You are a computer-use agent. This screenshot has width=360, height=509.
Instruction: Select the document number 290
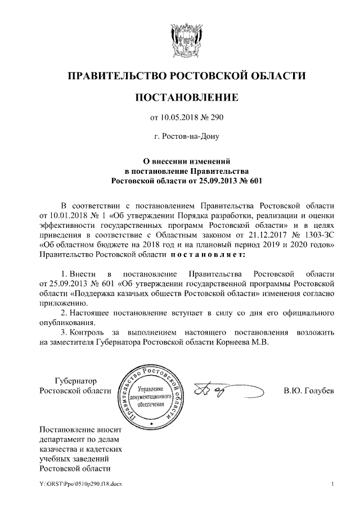218,118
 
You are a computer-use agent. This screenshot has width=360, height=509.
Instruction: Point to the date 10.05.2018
179,118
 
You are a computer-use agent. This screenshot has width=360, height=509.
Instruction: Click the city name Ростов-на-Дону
190,136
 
